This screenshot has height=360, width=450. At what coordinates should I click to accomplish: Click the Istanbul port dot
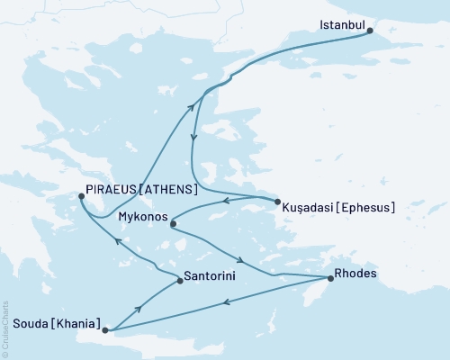pyautogui.click(x=370, y=30)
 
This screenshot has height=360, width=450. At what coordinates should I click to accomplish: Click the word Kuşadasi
pyautogui.click(x=309, y=206)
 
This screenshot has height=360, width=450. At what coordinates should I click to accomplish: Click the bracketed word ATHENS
pyautogui.click(x=167, y=191)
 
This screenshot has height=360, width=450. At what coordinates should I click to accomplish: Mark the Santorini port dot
pyautogui.click(x=181, y=282)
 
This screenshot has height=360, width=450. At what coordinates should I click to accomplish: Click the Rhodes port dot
pyautogui.click(x=330, y=279)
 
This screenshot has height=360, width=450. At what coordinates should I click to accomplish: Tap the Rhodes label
pyautogui.click(x=355, y=274)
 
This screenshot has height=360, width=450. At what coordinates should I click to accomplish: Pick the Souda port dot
pyautogui.click(x=106, y=330)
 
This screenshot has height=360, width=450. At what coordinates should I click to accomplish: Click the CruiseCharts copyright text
pyautogui.click(x=5, y=328)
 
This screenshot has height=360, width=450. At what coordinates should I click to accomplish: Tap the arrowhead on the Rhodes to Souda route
pyautogui.click(x=224, y=301)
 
